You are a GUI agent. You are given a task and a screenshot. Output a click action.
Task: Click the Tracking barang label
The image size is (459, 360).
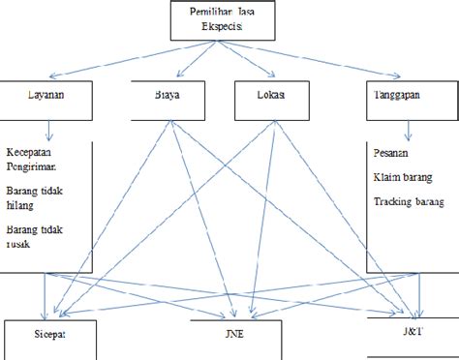click(408, 202)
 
